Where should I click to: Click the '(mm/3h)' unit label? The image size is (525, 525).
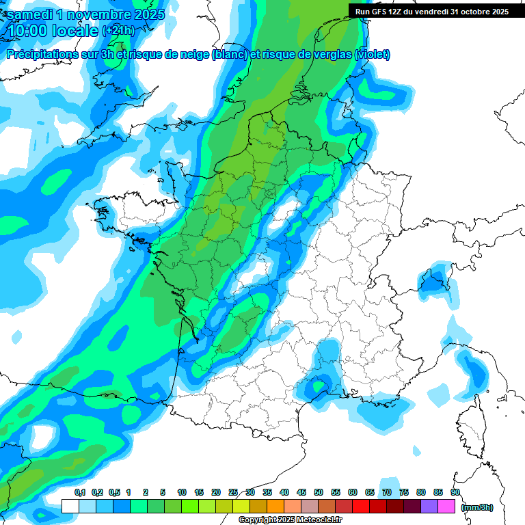click(x=477, y=507)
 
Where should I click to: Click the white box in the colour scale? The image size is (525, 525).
click(x=70, y=507)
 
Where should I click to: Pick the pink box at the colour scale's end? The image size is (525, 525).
click(x=446, y=507)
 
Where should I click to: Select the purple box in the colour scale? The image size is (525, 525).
click(x=429, y=507)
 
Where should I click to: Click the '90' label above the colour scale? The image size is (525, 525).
click(x=455, y=492)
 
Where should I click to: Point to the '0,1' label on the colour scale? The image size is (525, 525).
click(x=80, y=492)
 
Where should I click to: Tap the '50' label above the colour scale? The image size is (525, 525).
click(x=319, y=492)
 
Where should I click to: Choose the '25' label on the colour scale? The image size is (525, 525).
click(x=233, y=492)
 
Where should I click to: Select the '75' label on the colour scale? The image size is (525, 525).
click(x=404, y=492)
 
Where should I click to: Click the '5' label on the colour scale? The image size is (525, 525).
click(x=163, y=492)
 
